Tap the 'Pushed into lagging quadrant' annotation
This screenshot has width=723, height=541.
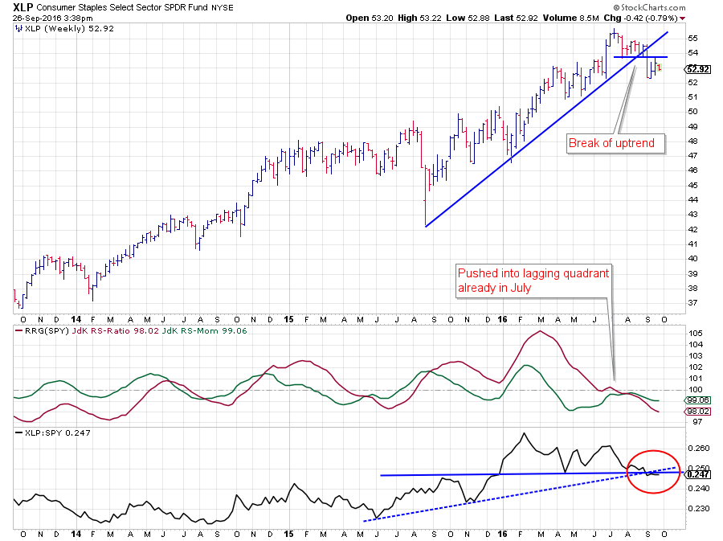click(x=533, y=281)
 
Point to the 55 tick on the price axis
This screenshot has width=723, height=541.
click(x=692, y=38)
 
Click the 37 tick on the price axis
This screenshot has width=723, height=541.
click(x=692, y=302)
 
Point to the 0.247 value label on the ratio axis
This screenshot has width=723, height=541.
click(x=699, y=474)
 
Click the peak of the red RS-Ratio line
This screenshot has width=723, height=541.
click(x=541, y=331)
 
